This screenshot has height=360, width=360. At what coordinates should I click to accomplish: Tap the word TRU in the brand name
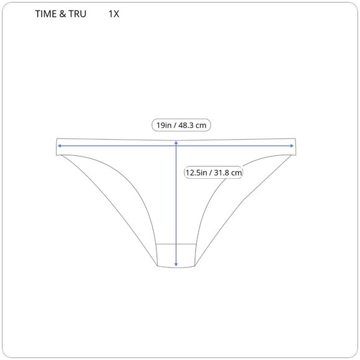77,14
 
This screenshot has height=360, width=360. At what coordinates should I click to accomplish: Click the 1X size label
113,14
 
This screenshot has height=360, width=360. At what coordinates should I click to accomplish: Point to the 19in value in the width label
164,125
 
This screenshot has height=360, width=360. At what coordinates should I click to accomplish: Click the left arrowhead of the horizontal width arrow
59,146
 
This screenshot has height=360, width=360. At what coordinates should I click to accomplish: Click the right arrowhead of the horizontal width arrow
292,146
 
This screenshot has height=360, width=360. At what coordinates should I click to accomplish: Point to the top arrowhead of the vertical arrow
177,142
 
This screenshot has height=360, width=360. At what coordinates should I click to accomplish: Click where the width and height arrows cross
177,146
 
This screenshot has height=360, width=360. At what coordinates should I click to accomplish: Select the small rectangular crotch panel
177,255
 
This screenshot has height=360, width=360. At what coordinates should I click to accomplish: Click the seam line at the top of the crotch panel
168,244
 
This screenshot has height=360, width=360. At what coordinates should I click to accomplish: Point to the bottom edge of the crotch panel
177,268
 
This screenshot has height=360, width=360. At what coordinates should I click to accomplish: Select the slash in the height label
210,173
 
